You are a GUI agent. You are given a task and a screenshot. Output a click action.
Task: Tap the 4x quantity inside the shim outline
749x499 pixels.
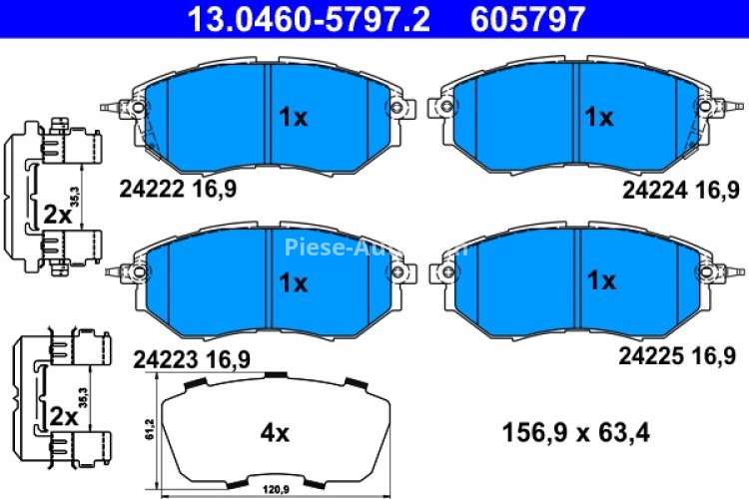pos(274,433)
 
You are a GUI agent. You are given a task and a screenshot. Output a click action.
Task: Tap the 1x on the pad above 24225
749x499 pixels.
pos(601,282)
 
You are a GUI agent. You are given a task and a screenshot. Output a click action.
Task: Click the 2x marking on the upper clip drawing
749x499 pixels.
pos(58,214)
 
